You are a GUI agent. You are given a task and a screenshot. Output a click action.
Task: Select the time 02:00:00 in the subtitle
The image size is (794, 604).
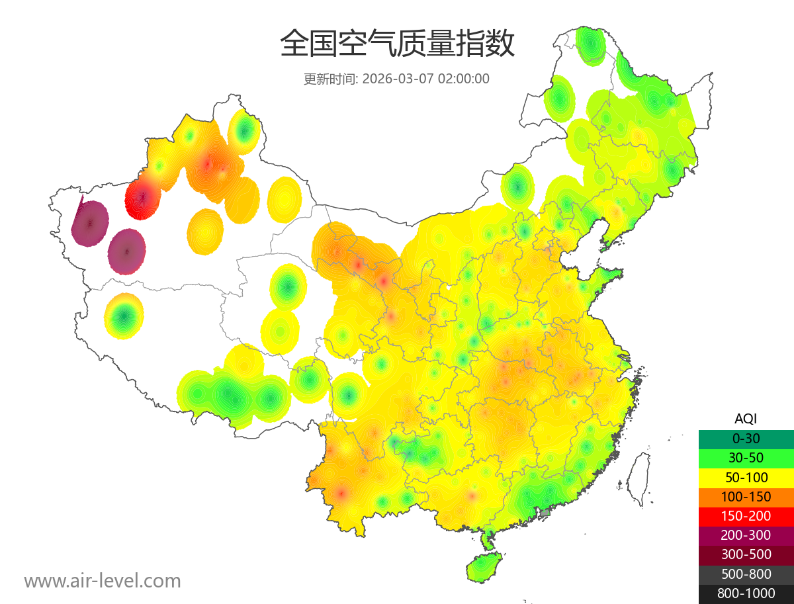(463, 79)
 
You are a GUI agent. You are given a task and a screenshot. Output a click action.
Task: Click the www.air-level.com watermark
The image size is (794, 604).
(103, 581)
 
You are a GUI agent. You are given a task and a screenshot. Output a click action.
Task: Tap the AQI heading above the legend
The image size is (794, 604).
(746, 418)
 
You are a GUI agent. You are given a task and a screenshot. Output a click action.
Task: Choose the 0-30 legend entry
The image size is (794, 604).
(746, 438)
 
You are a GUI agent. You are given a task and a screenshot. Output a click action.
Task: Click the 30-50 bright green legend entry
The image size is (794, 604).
(746, 458)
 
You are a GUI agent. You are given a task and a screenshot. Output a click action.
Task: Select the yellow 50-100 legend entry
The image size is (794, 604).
(746, 477)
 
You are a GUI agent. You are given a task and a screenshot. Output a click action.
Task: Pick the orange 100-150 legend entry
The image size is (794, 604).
(746, 497)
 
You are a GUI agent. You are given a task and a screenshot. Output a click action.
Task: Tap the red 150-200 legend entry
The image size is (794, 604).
(746, 516)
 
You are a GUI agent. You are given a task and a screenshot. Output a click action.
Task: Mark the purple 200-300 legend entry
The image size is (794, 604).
(746, 535)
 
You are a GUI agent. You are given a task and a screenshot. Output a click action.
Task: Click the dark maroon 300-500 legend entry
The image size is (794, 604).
(746, 555)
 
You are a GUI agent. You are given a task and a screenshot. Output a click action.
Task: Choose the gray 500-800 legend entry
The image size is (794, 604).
(746, 574)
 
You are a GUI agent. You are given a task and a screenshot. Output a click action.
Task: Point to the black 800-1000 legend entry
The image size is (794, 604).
(746, 593)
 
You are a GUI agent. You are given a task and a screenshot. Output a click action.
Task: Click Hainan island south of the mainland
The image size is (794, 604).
(484, 568)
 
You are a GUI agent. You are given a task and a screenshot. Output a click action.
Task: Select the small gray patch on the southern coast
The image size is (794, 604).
(545, 513)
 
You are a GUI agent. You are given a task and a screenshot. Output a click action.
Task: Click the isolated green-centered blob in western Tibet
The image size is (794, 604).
(124, 316)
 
